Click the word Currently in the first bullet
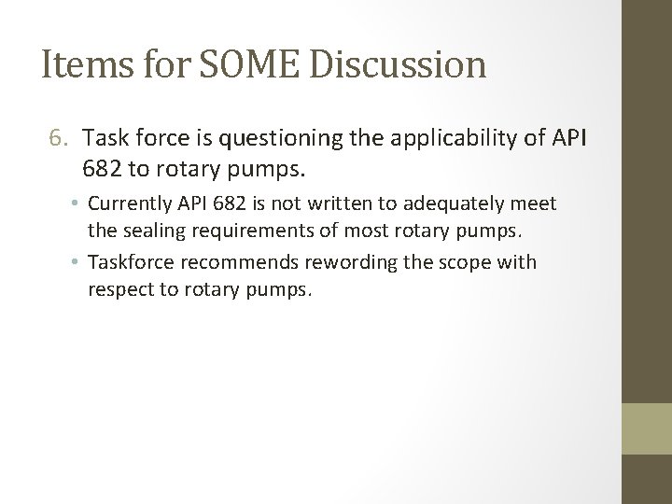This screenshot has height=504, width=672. coord(130,203)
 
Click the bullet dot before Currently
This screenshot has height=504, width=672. coord(77,203)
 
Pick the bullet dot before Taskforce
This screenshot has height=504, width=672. coord(77,263)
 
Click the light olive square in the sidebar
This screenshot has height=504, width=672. coord(647,427)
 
